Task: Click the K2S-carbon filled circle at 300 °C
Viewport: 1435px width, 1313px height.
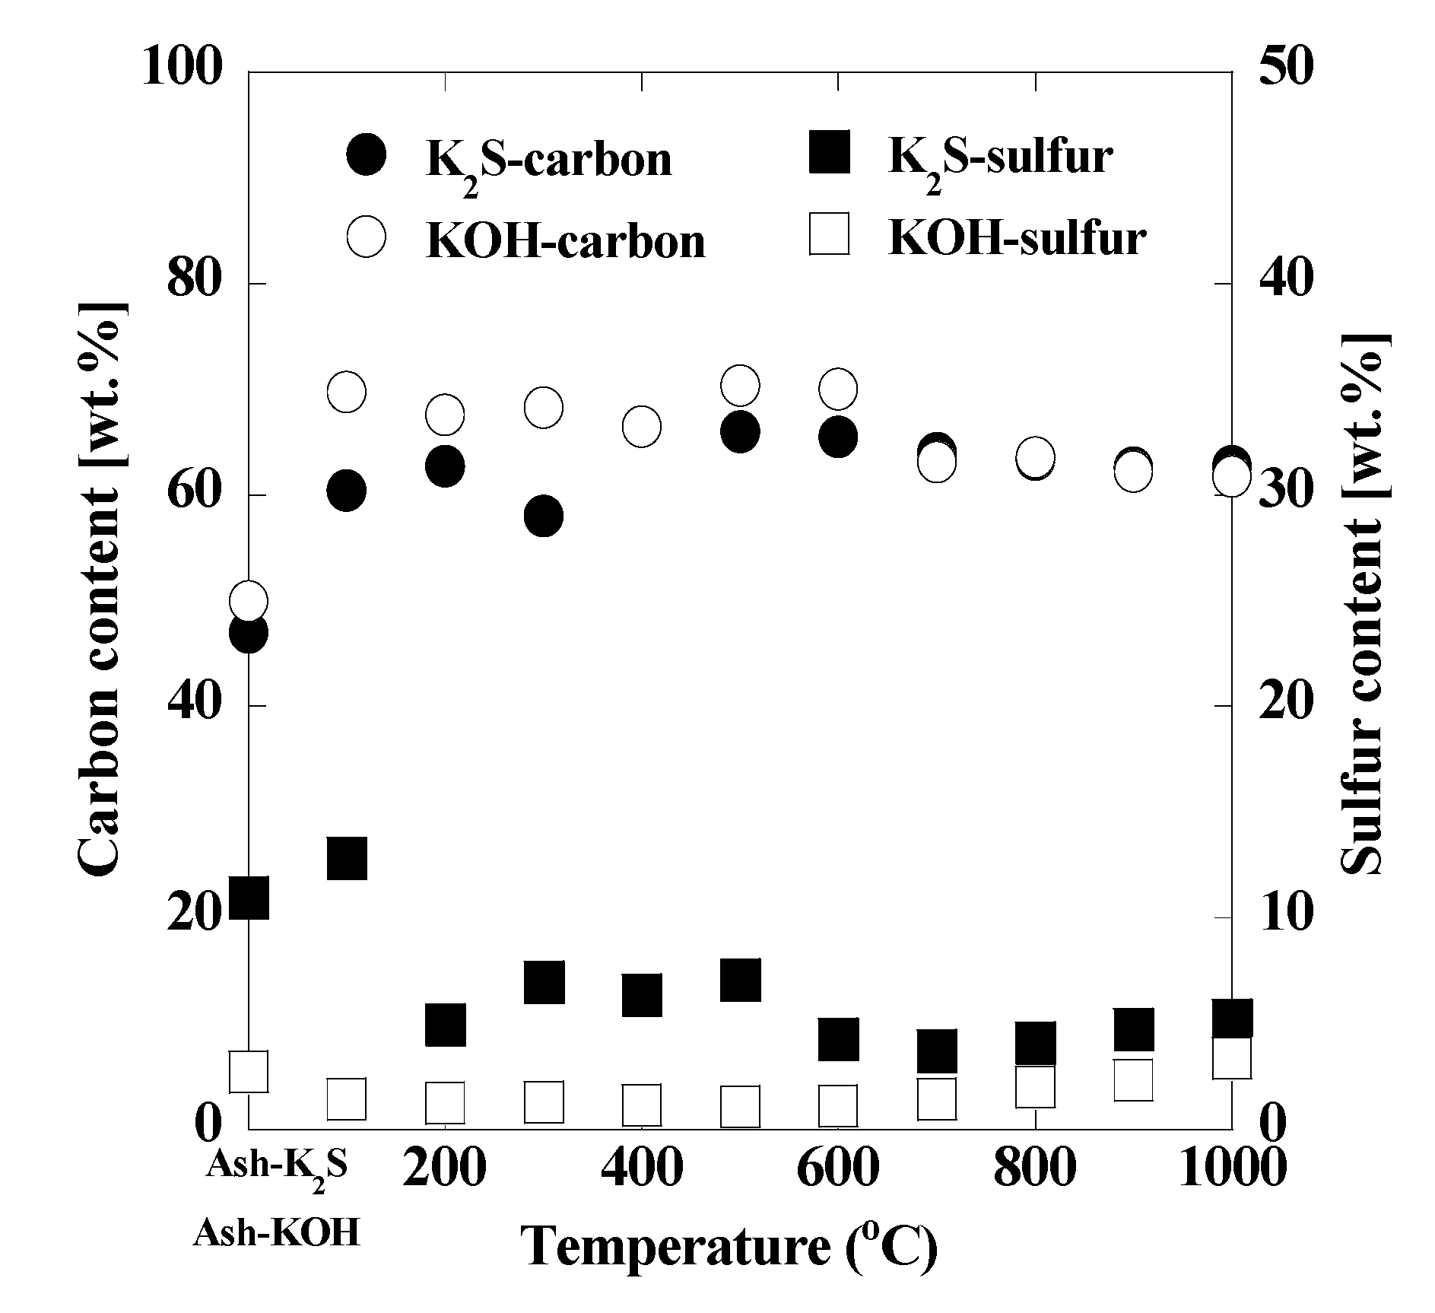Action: click(543, 517)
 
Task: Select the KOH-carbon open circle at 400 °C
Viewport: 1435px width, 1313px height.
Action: click(641, 427)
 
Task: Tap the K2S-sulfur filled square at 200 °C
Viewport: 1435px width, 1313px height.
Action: click(445, 1025)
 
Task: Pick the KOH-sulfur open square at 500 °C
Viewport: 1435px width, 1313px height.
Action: click(740, 1106)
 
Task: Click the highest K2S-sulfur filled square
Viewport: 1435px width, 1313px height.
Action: click(347, 859)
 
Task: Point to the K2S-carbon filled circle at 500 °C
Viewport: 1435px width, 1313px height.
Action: click(740, 432)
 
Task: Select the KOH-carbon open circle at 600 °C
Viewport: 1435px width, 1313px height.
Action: click(838, 389)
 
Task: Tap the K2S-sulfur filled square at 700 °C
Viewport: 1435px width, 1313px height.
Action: click(936, 1051)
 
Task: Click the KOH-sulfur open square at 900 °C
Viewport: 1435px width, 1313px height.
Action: click(1133, 1079)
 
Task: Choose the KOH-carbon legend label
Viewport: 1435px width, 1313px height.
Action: click(565, 241)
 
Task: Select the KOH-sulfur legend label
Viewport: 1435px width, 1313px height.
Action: click(1017, 238)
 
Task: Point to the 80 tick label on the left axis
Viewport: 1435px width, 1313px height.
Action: click(193, 283)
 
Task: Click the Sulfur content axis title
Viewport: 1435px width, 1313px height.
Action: click(1365, 602)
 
